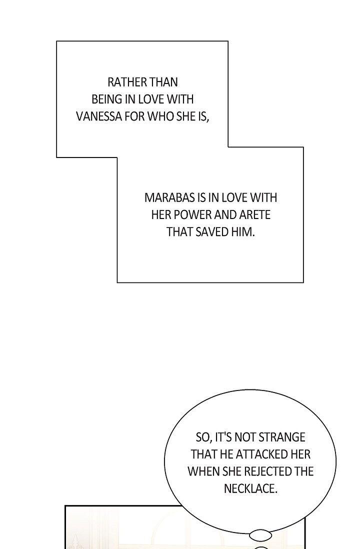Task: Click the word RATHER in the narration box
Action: (x=127, y=82)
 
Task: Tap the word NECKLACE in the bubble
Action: (x=250, y=488)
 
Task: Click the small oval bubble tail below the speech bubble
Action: (x=260, y=535)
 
